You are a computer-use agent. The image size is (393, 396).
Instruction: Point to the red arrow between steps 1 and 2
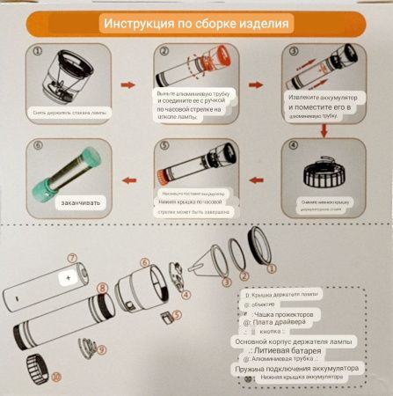pyautogui.click(x=128, y=85)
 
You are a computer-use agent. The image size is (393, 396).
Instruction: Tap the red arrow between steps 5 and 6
pyautogui.click(x=129, y=180)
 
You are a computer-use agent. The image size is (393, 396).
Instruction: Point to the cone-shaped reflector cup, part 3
pyautogui.click(x=210, y=263)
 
